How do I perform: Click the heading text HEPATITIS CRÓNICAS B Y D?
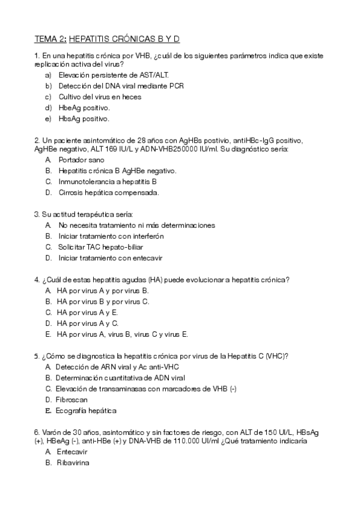coord(124,38)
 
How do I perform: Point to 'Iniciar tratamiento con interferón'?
coord(111,236)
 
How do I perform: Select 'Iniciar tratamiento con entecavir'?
coord(111,258)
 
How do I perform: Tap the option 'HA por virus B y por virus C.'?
coord(103,301)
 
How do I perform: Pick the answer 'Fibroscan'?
coord(72,399)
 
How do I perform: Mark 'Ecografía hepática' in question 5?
coord(85,410)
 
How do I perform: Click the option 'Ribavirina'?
coord(73,463)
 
